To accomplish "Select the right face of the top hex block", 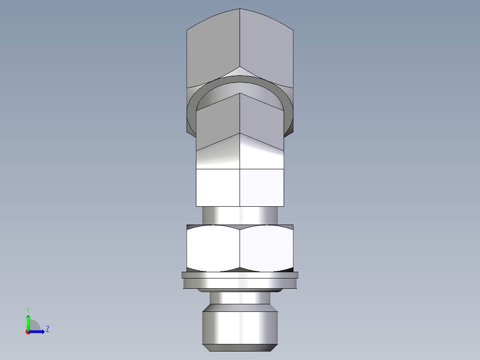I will (x=266, y=49).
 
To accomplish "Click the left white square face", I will (x=218, y=187).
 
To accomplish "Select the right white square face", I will (x=262, y=187).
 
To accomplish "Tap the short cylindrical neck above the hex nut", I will (x=240, y=215).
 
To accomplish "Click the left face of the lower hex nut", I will (x=213, y=247).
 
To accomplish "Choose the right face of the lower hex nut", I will (x=266, y=247).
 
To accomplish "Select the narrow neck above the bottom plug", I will (x=240, y=298).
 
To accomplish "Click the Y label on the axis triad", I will (x=28, y=310).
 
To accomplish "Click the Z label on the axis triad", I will (x=47, y=329).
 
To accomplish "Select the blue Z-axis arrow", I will (x=37, y=331).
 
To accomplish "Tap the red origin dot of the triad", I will (x=28, y=332).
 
